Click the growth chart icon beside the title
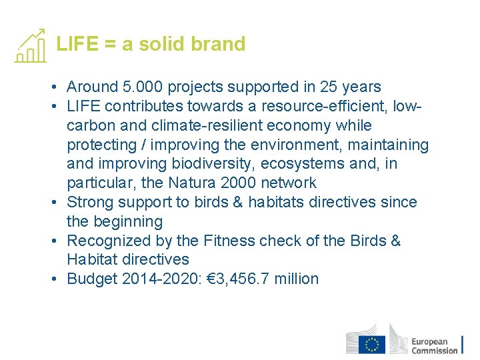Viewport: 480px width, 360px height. (x=30, y=46)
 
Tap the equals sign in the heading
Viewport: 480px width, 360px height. (x=110, y=44)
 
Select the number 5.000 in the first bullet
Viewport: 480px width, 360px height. (x=143, y=87)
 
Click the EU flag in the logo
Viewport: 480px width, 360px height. (x=372, y=344)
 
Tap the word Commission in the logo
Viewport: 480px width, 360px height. (x=434, y=350)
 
